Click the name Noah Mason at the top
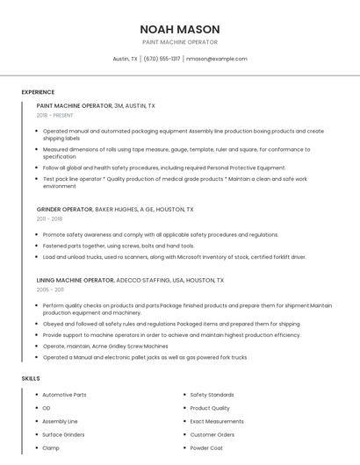[x=180, y=29]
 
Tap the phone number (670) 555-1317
[x=162, y=59]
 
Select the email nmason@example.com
[x=217, y=59]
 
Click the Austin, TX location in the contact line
[x=126, y=59]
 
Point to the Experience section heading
[x=38, y=92]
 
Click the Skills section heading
[x=31, y=378]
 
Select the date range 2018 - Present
[x=56, y=115]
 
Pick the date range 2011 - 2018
[x=50, y=219]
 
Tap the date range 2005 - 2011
[x=50, y=289]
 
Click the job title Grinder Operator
[x=64, y=210]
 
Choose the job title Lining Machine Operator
[x=76, y=280]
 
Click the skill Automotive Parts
[x=65, y=395]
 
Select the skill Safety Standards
[x=212, y=395]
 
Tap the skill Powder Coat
[x=207, y=447]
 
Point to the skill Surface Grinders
[x=63, y=434]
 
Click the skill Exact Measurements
[x=216, y=421]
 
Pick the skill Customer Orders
[x=212, y=434]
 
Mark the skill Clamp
[x=51, y=447]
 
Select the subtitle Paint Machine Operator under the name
[x=180, y=42]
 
